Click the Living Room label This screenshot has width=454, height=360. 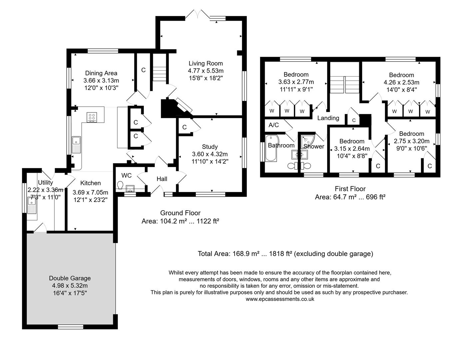[x=206, y=63]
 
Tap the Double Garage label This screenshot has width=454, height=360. [x=70, y=278]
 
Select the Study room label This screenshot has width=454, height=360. [x=210, y=147]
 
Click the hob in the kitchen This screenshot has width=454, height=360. [x=92, y=117]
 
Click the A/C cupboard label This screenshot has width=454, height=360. [x=273, y=125]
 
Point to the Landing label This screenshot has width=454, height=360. [x=328, y=118]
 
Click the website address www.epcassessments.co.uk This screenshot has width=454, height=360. [x=280, y=299]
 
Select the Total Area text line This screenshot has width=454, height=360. [x=285, y=254]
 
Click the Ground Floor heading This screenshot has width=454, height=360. [x=180, y=213]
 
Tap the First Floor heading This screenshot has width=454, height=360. [x=350, y=189]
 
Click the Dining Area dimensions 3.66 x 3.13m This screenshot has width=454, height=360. [x=101, y=80]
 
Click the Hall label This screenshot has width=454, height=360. [x=162, y=179]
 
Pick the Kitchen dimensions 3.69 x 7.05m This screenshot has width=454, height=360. [x=91, y=192]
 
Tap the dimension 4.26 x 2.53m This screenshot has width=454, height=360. [x=401, y=82]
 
